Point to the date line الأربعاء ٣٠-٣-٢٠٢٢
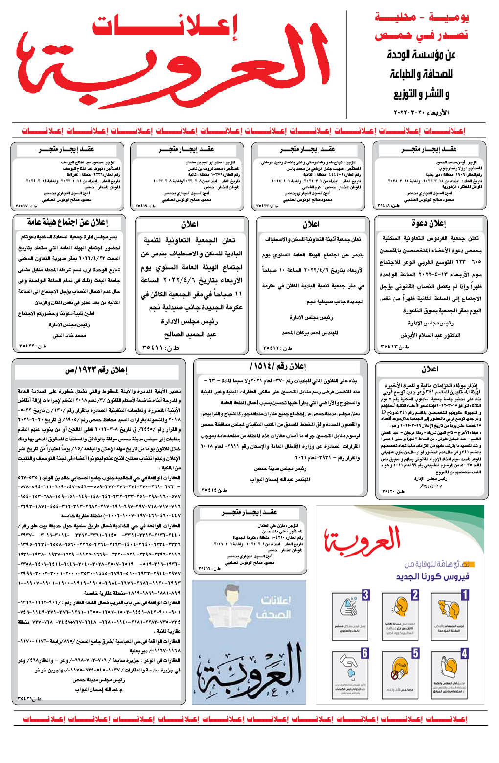click(421, 113)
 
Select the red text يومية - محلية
click(422, 17)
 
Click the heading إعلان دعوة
click(429, 223)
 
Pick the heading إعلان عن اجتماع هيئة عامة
click(68, 222)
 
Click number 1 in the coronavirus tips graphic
click(465, 595)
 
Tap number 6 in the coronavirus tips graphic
click(365, 653)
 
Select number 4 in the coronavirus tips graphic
click(465, 653)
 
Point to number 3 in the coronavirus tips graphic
click(365, 595)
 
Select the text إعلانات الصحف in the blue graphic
click(276, 607)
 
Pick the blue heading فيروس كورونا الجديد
click(432, 576)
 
